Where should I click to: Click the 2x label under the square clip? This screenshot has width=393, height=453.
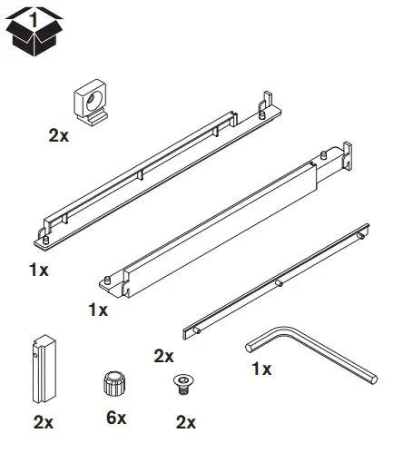tap(59, 135)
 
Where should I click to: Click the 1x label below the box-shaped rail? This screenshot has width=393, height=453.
tap(98, 310)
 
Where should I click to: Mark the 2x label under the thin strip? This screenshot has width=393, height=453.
tap(163, 355)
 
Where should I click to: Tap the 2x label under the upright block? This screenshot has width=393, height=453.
tap(43, 421)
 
